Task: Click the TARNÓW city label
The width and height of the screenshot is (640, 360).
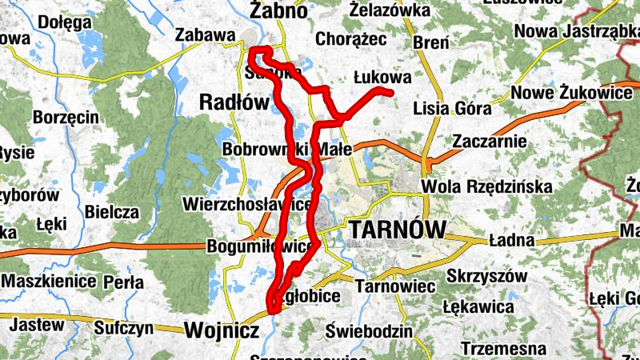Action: point(398,230)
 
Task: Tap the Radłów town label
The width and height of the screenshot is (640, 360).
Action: point(234,102)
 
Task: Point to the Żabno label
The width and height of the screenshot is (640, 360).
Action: point(278,11)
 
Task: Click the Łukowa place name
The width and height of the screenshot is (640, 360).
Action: point(382,78)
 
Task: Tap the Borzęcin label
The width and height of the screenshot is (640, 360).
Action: point(66,117)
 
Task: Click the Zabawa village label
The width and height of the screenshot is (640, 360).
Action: point(205,35)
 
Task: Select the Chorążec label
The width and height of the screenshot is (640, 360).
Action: point(351,38)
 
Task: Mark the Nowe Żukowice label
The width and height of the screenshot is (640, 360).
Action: point(572,93)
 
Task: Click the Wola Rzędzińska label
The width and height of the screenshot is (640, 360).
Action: point(487,186)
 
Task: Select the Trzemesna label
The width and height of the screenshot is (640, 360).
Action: point(503,349)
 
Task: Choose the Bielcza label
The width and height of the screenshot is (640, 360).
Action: point(118,213)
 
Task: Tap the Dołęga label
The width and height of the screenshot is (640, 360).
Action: point(70,22)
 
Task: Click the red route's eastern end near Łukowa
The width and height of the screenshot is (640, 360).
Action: point(391,94)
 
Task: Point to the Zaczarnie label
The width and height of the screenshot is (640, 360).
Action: point(489,142)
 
